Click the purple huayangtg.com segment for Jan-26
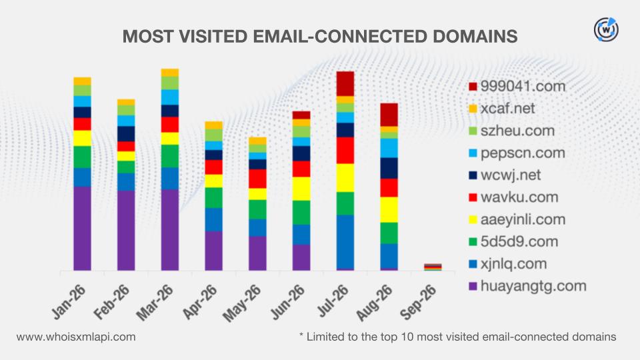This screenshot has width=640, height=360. point(82,229)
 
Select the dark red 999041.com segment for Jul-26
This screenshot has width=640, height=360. point(345,84)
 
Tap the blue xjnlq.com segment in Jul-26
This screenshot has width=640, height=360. point(345,241)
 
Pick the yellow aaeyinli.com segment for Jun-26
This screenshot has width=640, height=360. point(301,189)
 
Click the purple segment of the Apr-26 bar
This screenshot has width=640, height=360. point(213,251)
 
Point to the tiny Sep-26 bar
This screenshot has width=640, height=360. point(433,267)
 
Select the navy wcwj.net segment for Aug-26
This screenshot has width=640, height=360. point(389,168)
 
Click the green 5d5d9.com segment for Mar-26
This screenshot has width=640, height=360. point(170,156)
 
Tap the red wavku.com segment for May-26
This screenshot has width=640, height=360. point(257,179)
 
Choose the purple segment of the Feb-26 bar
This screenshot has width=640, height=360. point(126,231)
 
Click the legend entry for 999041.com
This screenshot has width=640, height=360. point(517,86)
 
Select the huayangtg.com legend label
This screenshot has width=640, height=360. point(533,286)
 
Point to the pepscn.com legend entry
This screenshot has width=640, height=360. point(517,153)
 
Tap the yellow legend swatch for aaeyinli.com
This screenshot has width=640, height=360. point(473,219)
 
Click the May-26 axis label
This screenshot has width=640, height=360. point(241,303)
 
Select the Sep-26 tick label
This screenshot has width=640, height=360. point(417,303)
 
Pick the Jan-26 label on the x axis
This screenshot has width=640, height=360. point(69,303)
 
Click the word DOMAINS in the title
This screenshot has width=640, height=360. point(475,36)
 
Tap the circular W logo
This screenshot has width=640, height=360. point(606,29)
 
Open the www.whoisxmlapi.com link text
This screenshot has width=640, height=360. point(76,337)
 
